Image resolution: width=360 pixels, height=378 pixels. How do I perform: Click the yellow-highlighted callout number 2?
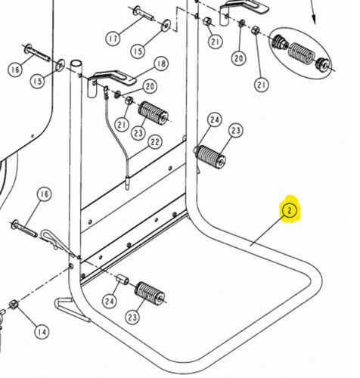290,209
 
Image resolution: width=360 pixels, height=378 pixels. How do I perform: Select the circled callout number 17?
113,39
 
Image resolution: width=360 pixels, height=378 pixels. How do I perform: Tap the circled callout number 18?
161,64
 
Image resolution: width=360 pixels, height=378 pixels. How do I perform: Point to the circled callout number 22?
155,142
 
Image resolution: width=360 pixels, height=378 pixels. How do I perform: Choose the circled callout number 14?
42,332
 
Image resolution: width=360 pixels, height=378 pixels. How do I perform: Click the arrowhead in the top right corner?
314,20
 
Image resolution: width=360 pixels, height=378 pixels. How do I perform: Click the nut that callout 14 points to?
14,305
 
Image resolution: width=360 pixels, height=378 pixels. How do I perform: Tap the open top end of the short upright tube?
76,63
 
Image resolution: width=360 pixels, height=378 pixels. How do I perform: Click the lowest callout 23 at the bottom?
132,317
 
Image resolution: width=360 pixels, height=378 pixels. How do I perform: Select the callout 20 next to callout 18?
150,86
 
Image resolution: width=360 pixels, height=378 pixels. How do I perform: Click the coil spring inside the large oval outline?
301,53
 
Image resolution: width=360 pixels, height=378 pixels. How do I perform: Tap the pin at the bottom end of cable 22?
128,183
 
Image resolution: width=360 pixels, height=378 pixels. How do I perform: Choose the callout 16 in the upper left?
15,70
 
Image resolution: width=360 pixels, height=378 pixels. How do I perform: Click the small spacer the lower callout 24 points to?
123,279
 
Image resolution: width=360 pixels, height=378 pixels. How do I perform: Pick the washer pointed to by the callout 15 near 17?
166,25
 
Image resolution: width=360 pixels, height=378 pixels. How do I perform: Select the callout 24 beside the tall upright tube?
215,119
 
